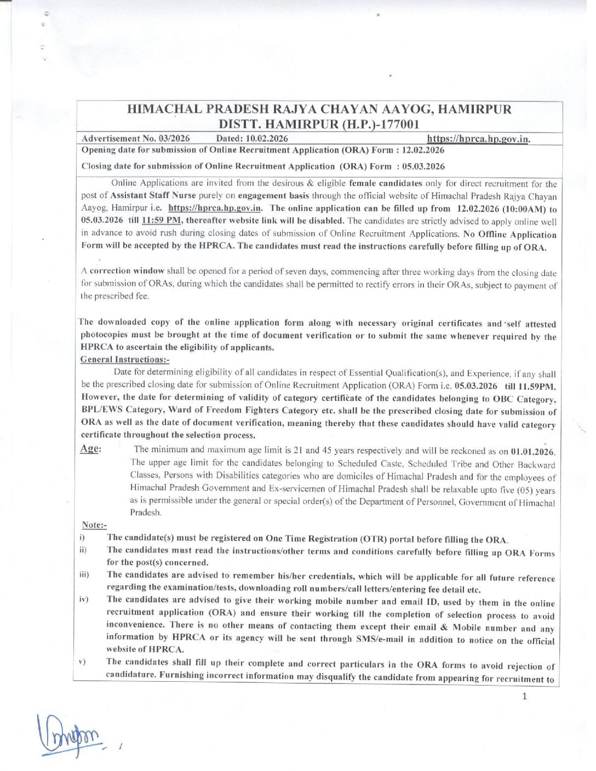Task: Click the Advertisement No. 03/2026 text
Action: [141, 139]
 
